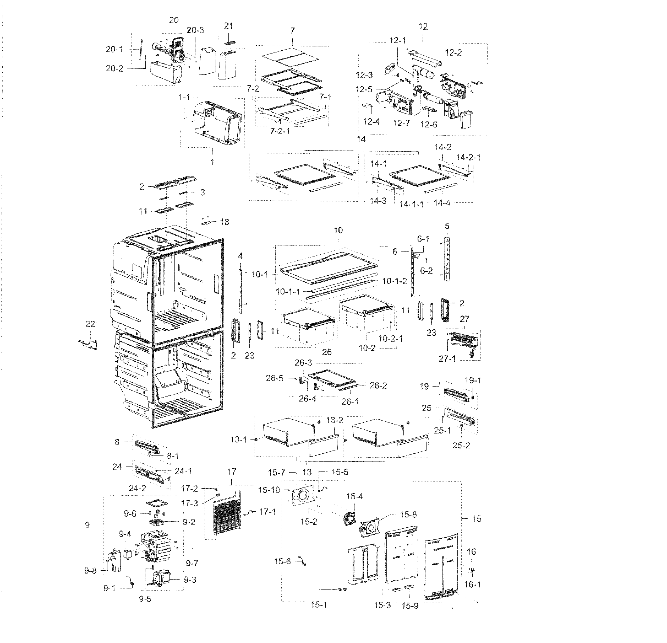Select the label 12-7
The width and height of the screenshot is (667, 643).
402,123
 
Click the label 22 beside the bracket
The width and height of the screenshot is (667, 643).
90,324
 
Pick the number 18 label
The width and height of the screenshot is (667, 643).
224,222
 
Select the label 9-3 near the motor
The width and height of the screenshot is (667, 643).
190,579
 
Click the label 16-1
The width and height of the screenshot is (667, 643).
472,585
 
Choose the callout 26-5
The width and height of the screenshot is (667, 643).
274,378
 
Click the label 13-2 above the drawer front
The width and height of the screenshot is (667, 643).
334,420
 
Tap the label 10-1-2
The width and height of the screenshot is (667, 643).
395,281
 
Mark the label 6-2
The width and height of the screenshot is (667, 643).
426,270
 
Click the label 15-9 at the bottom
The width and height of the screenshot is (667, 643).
410,606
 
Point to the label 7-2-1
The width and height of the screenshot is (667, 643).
280,131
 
